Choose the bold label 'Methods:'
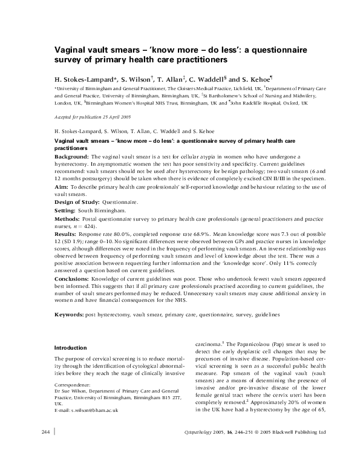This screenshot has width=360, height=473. (x=67, y=219)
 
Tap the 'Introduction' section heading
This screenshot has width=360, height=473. (x=71, y=348)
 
